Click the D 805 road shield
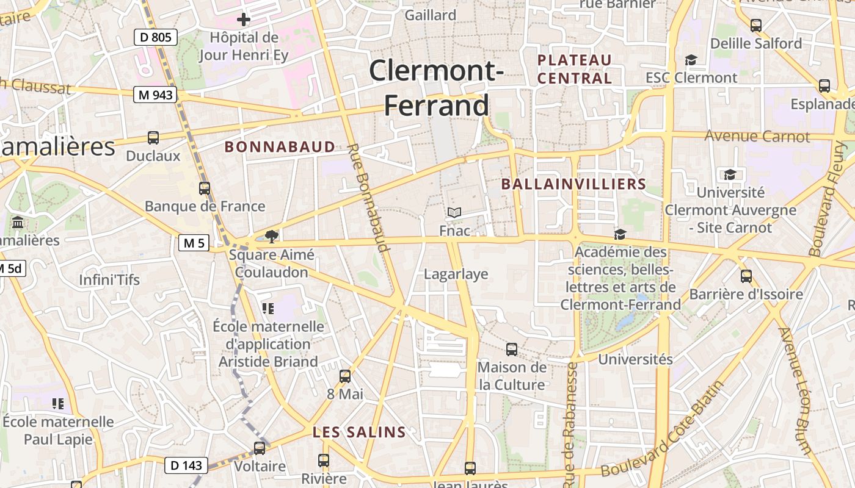click(156, 38)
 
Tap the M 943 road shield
click(156, 95)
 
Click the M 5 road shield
click(194, 243)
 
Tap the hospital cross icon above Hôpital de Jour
click(244, 20)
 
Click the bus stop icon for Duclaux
click(153, 138)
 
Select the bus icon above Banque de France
click(205, 188)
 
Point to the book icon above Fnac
click(454, 213)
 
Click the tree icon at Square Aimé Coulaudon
click(272, 235)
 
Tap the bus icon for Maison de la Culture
click(512, 350)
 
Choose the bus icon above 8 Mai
click(345, 376)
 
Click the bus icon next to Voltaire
click(260, 448)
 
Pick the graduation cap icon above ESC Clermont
click(691, 60)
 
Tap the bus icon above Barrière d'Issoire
click(746, 276)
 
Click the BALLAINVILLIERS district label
click(573, 184)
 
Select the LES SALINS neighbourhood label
click(359, 432)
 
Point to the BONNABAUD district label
click(280, 146)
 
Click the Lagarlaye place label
click(456, 274)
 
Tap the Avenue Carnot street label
click(757, 136)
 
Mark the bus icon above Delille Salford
click(756, 26)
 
